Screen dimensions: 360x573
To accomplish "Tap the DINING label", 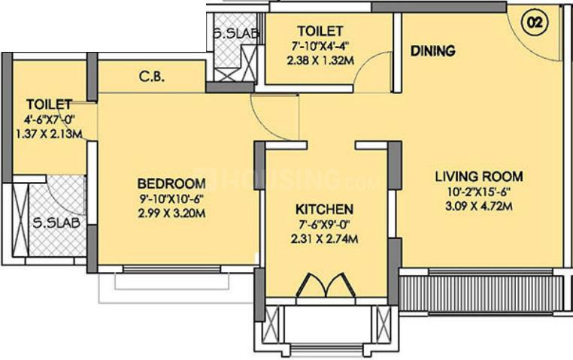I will [432, 52].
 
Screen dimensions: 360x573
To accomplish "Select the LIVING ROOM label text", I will [479, 177].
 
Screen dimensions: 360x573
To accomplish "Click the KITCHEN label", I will [324, 209].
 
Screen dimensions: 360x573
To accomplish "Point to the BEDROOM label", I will [171, 184].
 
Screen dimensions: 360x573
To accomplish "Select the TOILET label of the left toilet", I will [48, 104].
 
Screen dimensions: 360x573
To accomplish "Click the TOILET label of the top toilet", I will [320, 32].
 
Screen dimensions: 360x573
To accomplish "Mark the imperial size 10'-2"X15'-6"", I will [479, 192].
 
